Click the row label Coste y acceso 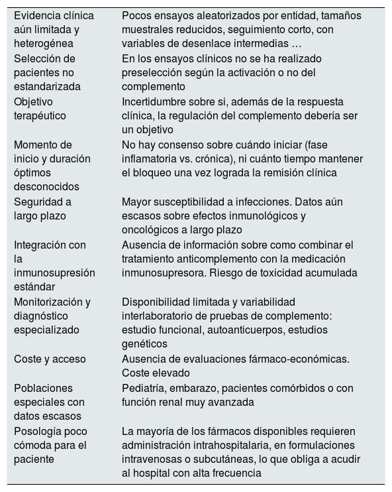(x=50, y=359)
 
